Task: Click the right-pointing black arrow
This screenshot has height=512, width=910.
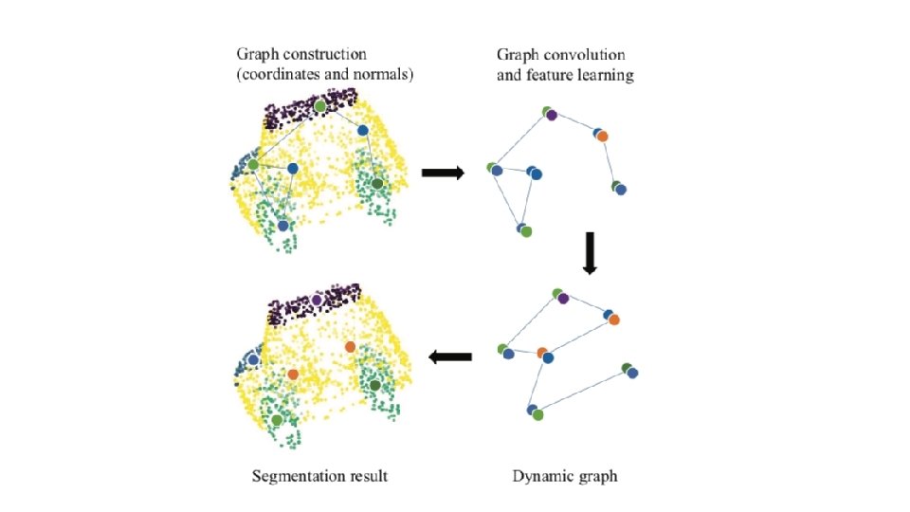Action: (442, 173)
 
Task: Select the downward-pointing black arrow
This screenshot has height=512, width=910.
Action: (589, 253)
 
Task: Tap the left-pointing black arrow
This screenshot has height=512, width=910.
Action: (450, 357)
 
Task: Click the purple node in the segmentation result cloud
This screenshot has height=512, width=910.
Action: (317, 300)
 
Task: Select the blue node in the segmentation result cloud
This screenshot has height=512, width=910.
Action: (253, 360)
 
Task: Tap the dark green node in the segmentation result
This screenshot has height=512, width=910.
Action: (375, 385)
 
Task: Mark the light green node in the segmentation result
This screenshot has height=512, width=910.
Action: (276, 419)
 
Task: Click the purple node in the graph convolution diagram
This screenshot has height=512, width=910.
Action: (552, 116)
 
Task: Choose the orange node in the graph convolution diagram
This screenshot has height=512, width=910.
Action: (602, 137)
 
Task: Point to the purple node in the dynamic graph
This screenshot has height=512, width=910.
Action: (564, 299)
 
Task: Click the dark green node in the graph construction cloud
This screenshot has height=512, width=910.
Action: (376, 182)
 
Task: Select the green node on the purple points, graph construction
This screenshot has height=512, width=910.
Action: (319, 106)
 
